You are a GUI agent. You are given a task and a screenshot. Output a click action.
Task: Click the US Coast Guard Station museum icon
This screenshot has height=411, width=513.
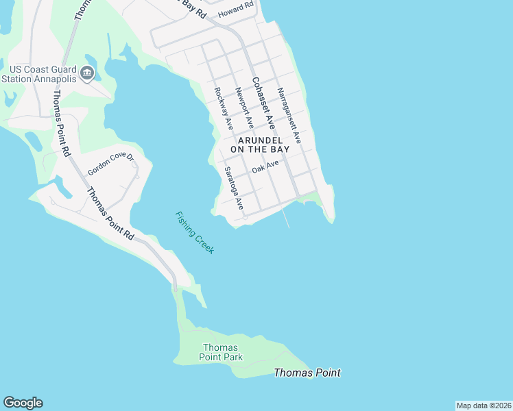pyautogui.click(x=86, y=73)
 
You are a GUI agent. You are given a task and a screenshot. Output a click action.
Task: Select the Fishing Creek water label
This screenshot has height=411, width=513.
pyautogui.click(x=195, y=233)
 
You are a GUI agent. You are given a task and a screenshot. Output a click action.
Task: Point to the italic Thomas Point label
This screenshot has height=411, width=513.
pyautogui.click(x=307, y=373)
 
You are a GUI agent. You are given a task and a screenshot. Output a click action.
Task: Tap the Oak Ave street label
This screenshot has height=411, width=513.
pyautogui.click(x=265, y=167)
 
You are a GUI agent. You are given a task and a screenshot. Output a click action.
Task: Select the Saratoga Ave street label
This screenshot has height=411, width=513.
pyautogui.click(x=234, y=188)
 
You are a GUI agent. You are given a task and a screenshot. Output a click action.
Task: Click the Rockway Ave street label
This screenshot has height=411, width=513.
pyautogui.click(x=224, y=109)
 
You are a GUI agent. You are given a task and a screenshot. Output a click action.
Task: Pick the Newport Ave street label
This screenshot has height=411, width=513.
pyautogui.click(x=244, y=108)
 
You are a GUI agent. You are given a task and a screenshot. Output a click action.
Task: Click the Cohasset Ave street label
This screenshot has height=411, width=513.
pyautogui.click(x=263, y=103)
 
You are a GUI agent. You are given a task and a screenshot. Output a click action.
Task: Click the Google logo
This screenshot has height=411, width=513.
pyautogui.click(x=23, y=403)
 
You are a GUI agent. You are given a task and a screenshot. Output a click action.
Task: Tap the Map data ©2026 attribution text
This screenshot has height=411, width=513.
pyautogui.click(x=484, y=406)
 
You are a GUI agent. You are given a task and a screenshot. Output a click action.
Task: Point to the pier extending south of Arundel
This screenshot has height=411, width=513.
pyautogui.click(x=285, y=218)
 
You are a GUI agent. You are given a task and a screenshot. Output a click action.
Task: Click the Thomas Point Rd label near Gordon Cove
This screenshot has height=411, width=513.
pyautogui.click(x=110, y=212)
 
